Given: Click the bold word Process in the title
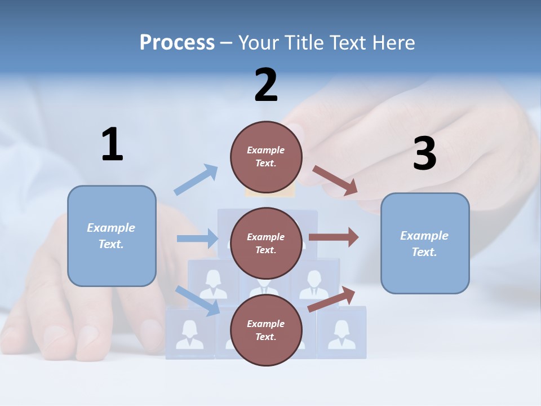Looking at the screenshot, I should tap(177, 43).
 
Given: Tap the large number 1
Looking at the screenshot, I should tap(112, 145).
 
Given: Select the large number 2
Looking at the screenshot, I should tap(266, 86).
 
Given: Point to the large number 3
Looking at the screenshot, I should tap(424, 154).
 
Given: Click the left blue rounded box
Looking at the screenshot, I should tap(112, 236).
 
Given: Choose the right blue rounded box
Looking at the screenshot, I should tap(425, 244).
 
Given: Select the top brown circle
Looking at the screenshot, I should tap(266, 157).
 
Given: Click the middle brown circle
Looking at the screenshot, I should tap(266, 244).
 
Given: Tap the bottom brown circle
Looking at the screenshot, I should tap(266, 330).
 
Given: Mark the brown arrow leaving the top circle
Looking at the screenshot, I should tap(335, 181).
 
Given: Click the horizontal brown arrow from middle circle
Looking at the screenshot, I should tap(334, 237).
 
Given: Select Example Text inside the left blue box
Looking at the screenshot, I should tap(111, 236).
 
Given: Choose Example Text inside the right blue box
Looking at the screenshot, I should tap(424, 244).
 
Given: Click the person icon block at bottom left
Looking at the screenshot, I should tap(190, 334).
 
